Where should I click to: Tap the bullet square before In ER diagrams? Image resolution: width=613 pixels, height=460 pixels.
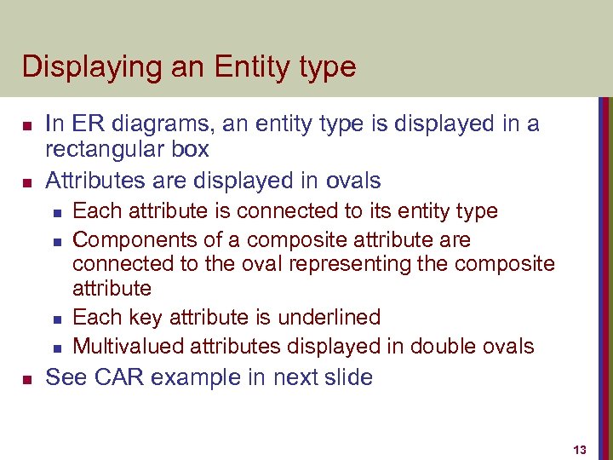point(26,125)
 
